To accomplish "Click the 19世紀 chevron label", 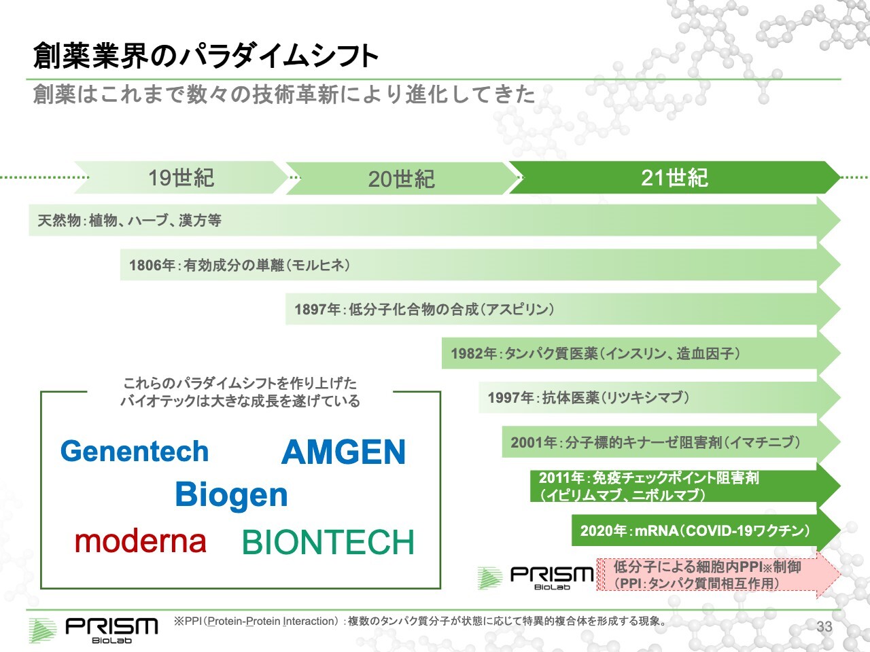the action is click(x=181, y=178).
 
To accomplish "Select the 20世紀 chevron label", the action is click(x=401, y=179).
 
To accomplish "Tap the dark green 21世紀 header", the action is click(x=674, y=178).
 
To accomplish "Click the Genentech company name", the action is click(x=135, y=451).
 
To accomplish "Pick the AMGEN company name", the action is click(x=343, y=452).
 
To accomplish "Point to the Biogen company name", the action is click(x=231, y=495).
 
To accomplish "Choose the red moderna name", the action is click(x=140, y=541).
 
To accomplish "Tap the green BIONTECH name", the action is click(x=328, y=543).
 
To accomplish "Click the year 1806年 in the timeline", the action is click(x=152, y=266).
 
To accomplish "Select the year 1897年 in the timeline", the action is click(x=317, y=309).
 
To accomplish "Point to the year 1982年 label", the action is click(x=474, y=354).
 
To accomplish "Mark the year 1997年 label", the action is click(x=511, y=397).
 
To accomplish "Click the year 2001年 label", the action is click(x=534, y=442).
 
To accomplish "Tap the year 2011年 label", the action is click(x=562, y=478).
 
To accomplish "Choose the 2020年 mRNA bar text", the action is click(x=695, y=531).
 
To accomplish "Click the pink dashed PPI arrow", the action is click(x=718, y=575).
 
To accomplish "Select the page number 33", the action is click(x=824, y=627).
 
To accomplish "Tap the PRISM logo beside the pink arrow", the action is click(x=536, y=578).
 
